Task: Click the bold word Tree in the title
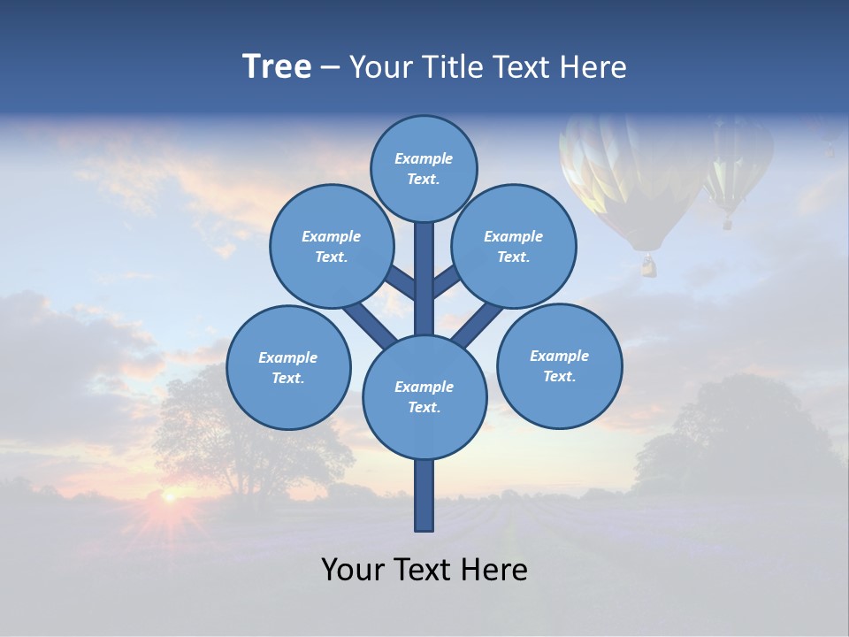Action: point(277,67)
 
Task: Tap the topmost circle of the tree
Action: point(424,168)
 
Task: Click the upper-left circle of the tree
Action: point(331,246)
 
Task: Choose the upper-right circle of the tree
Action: point(514,246)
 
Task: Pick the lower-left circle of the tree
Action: point(288,367)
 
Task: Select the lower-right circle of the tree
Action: point(559,365)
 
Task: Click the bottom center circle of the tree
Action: point(424,396)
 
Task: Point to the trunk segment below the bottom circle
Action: point(424,495)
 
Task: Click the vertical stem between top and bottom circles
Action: point(424,279)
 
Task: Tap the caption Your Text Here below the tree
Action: point(424,570)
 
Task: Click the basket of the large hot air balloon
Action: point(649,265)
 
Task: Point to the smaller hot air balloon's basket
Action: point(727,223)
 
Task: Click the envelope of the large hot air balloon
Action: point(623,177)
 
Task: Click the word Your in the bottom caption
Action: point(352,570)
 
